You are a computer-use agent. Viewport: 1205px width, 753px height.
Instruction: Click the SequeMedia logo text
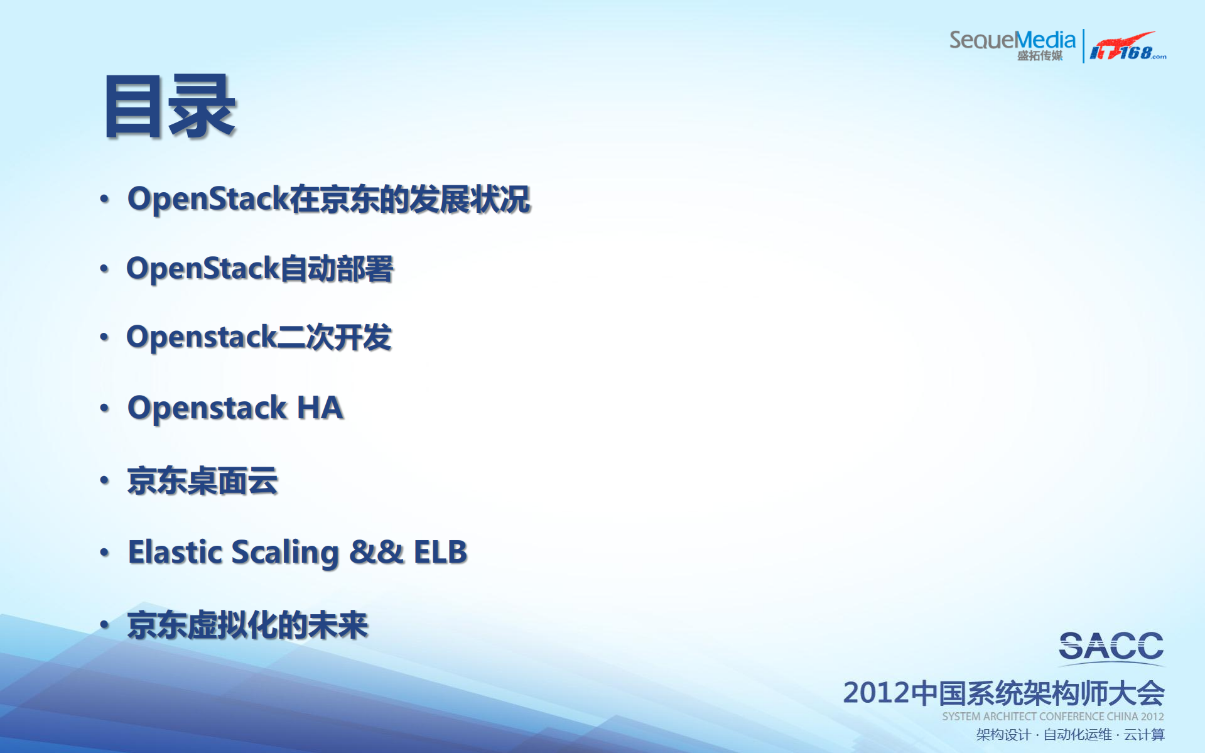point(1012,40)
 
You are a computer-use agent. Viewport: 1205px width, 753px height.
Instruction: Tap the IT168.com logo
point(1127,48)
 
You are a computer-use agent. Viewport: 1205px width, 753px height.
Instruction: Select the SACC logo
point(1111,647)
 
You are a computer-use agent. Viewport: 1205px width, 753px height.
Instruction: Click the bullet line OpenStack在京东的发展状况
point(329,199)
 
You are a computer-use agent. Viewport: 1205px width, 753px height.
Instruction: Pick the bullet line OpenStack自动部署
point(260,269)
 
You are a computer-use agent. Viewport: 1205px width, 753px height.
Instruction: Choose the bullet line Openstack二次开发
point(259,337)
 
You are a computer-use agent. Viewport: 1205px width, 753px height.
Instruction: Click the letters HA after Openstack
point(320,408)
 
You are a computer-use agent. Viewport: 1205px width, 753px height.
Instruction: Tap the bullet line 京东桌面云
point(202,481)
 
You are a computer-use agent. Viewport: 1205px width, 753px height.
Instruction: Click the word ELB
point(440,553)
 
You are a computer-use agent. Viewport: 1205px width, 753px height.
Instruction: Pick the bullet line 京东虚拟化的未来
point(247,626)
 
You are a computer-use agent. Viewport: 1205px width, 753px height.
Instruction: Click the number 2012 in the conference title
point(876,693)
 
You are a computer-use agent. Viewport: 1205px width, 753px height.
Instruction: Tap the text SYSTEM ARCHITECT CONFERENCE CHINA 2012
point(1052,717)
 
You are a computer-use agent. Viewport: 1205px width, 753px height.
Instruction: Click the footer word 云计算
point(1144,735)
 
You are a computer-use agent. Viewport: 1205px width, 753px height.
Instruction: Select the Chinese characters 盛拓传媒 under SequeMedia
point(1040,56)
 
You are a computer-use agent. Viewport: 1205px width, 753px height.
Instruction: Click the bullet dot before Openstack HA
point(104,409)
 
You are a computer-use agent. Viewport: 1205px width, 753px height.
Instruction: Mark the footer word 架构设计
point(1003,735)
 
